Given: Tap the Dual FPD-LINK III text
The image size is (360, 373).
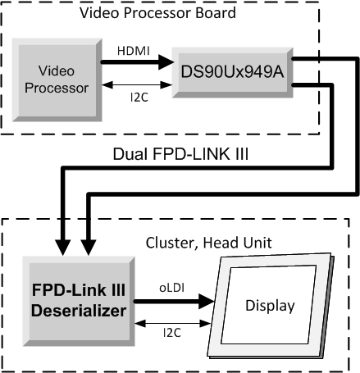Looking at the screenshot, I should [x=180, y=154].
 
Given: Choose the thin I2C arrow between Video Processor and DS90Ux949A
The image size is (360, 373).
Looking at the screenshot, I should [x=136, y=84].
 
